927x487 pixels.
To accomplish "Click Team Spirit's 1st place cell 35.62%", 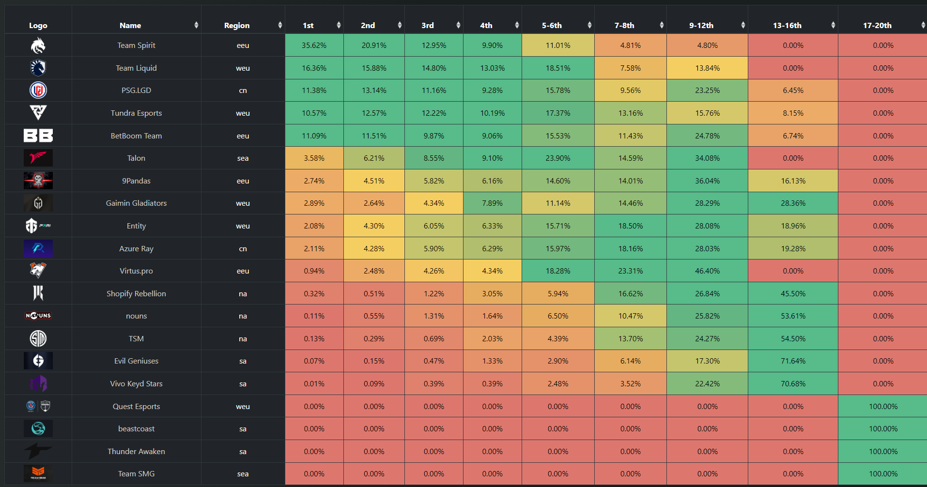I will point(314,46).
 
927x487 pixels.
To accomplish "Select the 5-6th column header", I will point(552,26).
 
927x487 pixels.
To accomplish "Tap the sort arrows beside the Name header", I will point(196,25).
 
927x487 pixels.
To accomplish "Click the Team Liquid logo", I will point(38,68).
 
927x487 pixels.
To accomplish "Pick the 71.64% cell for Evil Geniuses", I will point(793,361).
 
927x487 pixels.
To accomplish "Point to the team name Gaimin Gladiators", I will point(136,203).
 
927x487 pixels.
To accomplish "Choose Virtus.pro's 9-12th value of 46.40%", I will point(707,271).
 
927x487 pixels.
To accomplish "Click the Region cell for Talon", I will point(243,158).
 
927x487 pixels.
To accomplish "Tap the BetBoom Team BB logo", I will point(38,136).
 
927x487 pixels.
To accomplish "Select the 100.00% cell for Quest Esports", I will point(883,407).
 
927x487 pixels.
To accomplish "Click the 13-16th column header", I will point(787,26).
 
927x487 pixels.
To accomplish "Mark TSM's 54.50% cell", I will point(793,339).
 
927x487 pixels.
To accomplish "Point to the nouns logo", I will point(38,316).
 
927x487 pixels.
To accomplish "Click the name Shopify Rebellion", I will point(136,294).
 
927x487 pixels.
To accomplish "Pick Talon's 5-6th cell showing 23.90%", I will point(558,158).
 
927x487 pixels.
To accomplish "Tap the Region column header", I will point(237,26).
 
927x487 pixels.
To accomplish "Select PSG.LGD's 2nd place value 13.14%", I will point(374,91).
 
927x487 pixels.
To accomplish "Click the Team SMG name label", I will point(136,474).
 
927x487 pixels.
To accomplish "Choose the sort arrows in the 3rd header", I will point(458,25).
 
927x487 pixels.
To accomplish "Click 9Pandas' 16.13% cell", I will point(793,181).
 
